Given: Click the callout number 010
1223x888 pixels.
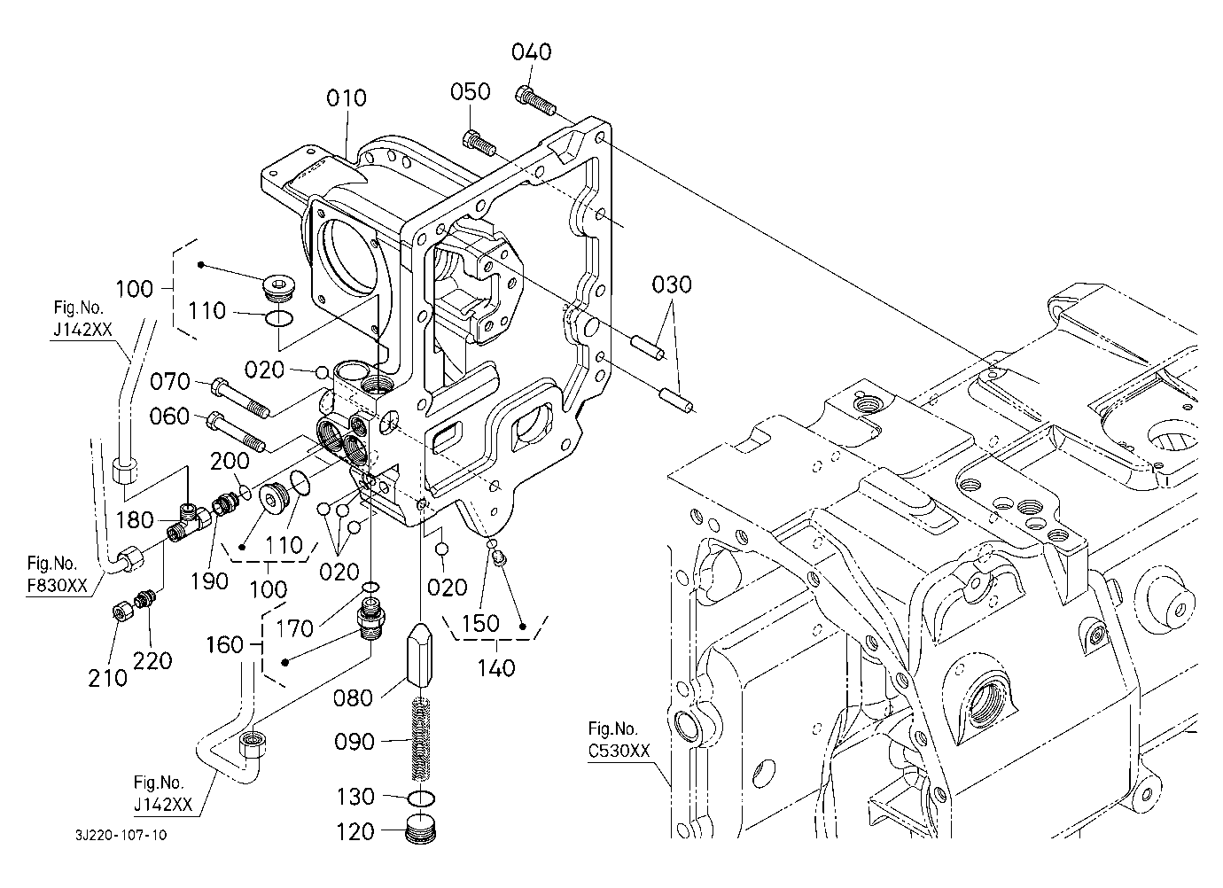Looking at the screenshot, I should [346, 97].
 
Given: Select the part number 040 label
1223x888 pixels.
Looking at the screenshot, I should [532, 52].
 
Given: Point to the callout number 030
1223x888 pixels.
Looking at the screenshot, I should [672, 285].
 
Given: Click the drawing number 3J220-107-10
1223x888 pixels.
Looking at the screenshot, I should [121, 835].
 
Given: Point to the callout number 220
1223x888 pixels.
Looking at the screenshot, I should [153, 660].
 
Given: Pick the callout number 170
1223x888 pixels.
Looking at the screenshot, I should [295, 628].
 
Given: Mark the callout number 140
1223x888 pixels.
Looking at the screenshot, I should [496, 667].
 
